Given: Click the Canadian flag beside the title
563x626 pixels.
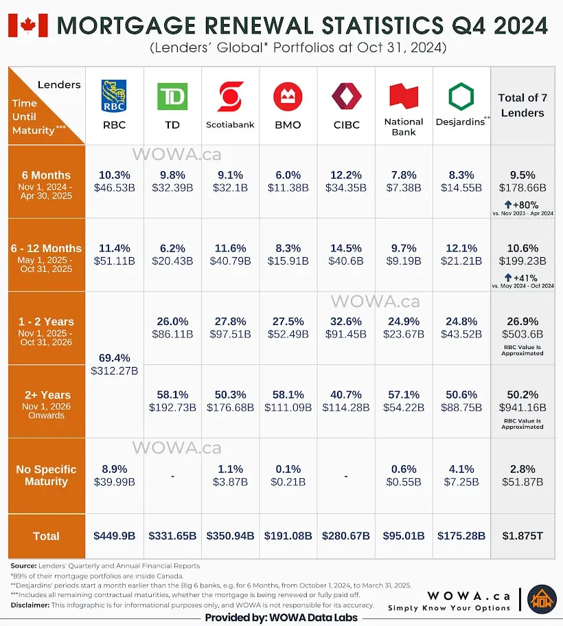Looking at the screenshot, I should [x=27, y=25].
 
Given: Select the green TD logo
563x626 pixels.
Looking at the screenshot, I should [x=172, y=96].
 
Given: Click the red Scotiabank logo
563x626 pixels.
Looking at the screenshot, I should [x=230, y=96].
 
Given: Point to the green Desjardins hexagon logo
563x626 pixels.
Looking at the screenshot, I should [x=461, y=96].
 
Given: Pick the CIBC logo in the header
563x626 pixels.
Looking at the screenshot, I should [x=346, y=96].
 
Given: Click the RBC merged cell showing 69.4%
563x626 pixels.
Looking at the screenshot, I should [x=114, y=365].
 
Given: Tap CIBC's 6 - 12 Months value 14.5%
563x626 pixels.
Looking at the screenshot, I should [x=346, y=248].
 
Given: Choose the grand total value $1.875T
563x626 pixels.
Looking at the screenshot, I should [x=522, y=536].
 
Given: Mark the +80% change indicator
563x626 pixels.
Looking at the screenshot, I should [x=522, y=204].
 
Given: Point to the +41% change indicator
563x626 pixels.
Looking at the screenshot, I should [x=522, y=278].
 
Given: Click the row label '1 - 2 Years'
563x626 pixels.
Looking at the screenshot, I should [x=46, y=322].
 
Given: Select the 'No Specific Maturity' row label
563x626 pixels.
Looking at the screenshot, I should [x=46, y=475].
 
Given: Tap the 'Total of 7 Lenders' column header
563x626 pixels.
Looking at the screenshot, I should [x=522, y=105].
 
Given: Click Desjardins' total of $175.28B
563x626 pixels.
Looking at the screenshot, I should [x=461, y=536].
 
